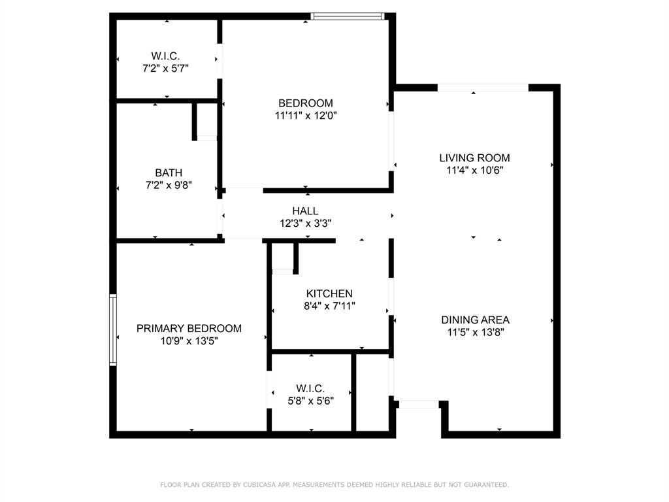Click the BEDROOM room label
point(305,103)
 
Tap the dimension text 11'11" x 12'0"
point(305,116)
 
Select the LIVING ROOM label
point(474,158)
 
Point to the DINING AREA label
point(475,320)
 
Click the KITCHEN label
point(329,293)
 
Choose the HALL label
point(305,210)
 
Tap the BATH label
point(169,173)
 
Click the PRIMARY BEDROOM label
point(189,328)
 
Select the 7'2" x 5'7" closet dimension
point(166,68)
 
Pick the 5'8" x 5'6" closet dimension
point(310,401)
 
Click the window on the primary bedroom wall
point(113,329)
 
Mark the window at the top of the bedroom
point(347,16)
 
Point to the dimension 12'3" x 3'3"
point(305,223)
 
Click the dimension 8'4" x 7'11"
point(329,306)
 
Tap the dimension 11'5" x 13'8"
point(475,332)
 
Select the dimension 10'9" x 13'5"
point(189,341)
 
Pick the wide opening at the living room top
point(483,88)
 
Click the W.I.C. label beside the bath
point(166,56)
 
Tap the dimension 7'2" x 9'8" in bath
point(169,185)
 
